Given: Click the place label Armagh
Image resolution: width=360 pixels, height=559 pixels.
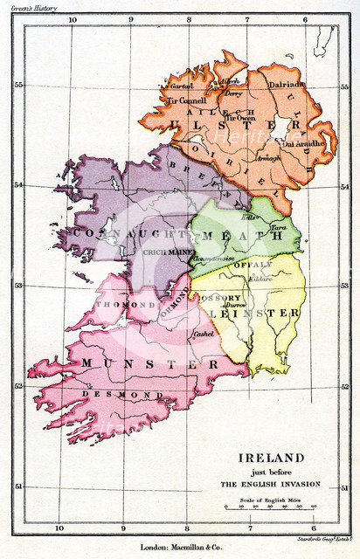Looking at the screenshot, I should tap(244, 158).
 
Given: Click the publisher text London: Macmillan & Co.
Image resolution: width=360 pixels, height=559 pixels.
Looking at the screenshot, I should tap(180, 548).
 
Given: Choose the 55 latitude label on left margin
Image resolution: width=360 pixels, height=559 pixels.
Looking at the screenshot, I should tap(17, 85).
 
